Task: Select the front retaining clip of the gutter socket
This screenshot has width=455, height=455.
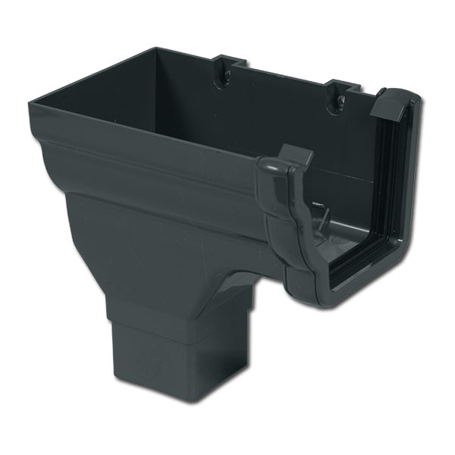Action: pos(287,162)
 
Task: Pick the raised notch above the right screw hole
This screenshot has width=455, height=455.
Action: pos(340,82)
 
